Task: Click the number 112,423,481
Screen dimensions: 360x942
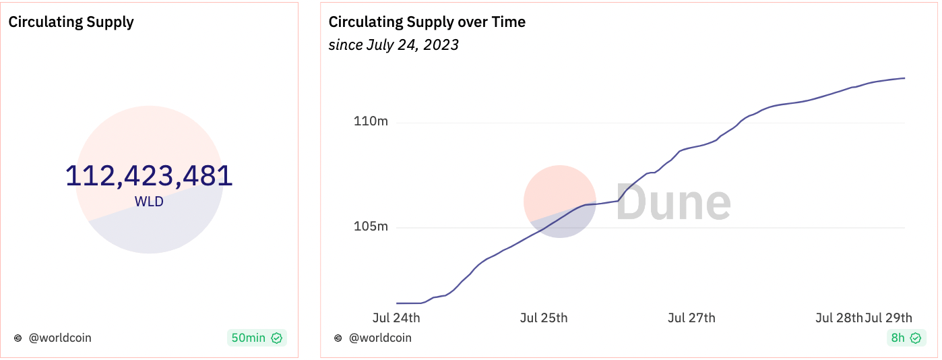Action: pos(149,177)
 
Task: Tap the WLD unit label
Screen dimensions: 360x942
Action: pos(149,202)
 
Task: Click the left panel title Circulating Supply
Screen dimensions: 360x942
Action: pos(71,22)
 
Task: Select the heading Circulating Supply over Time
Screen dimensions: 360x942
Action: pos(427,22)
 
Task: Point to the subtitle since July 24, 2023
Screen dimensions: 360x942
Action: pos(394,45)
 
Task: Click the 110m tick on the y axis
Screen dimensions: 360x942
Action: pos(371,122)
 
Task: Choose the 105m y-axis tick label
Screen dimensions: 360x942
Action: pos(371,227)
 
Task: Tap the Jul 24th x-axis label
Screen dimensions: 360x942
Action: pos(396,318)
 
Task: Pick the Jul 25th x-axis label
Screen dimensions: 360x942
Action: pos(544,318)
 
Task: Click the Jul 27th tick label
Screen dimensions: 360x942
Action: pos(691,318)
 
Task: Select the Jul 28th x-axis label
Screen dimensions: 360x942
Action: pos(839,318)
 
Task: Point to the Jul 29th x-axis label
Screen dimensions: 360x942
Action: pos(889,318)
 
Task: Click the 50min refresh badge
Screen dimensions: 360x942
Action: pos(257,338)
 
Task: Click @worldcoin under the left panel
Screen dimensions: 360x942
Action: pos(59,338)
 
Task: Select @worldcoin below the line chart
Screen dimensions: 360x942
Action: pos(379,338)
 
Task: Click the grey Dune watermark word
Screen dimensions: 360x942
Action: pos(673,202)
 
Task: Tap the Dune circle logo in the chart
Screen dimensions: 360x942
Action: pos(559,202)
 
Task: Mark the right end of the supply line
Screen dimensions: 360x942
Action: pos(904,78)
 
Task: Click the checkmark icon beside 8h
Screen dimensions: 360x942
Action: pos(915,338)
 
